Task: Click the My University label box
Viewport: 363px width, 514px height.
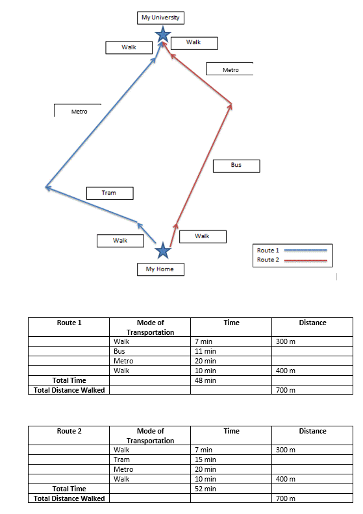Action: tap(160, 18)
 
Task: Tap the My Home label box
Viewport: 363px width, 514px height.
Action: tap(160, 269)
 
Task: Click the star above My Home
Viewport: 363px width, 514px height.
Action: tap(163, 251)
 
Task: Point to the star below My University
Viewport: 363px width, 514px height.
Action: tap(163, 34)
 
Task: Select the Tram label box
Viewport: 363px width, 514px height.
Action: tap(110, 193)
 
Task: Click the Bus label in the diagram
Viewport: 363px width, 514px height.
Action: tap(236, 166)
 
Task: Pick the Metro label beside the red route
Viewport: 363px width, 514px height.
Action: tap(229, 69)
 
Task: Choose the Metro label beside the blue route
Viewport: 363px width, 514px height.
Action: tap(78, 110)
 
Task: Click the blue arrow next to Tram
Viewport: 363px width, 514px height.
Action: tap(92, 204)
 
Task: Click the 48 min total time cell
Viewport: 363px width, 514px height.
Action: tap(231, 380)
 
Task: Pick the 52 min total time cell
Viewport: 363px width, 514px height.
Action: tap(231, 489)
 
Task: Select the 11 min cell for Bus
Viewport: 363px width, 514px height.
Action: tap(231, 351)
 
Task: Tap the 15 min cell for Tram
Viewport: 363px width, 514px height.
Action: tap(231, 459)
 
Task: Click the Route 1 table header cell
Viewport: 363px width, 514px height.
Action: tap(69, 327)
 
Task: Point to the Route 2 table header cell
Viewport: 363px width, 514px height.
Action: tap(69, 435)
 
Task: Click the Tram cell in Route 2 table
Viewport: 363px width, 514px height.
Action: tap(150, 459)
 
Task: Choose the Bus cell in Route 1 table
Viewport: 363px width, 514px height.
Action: tap(150, 351)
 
